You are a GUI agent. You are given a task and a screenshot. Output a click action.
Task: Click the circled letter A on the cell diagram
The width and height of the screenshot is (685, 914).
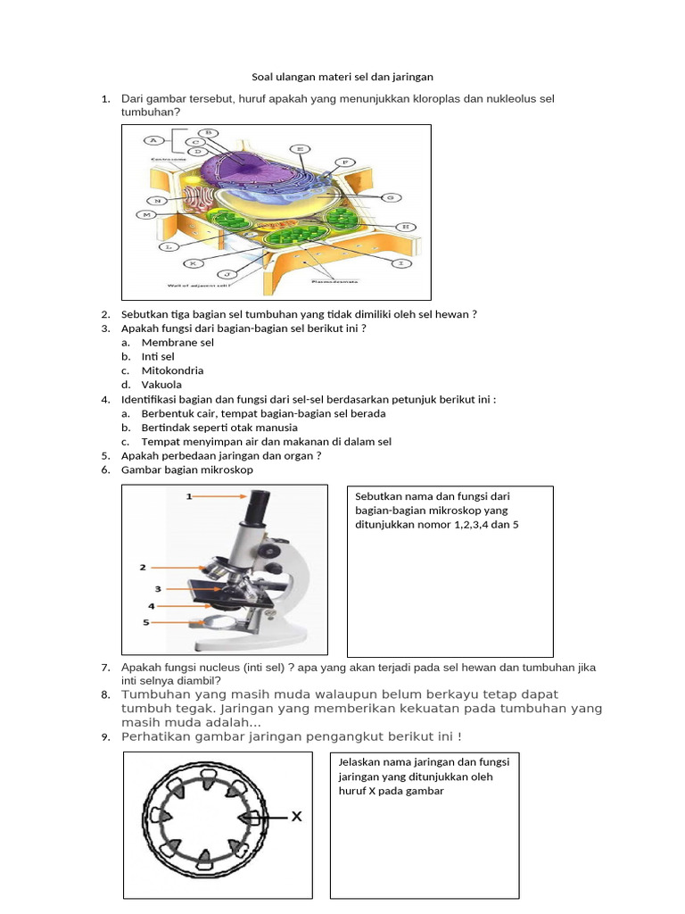pyautogui.click(x=153, y=140)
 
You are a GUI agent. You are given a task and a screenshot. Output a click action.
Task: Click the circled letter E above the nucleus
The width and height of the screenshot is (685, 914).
pyautogui.click(x=301, y=148)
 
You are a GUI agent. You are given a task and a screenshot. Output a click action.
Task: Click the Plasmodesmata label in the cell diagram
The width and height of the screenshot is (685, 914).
pyautogui.click(x=336, y=281)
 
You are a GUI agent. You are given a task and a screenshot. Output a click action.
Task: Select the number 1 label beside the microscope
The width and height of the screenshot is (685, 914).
pyautogui.click(x=189, y=496)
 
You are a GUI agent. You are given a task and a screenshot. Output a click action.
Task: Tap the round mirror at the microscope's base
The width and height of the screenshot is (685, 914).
pyautogui.click(x=219, y=621)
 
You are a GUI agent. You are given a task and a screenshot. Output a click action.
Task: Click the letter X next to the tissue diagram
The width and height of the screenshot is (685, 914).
pyautogui.click(x=297, y=816)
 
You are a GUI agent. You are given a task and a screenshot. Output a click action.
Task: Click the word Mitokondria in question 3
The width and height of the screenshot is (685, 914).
pyautogui.click(x=172, y=370)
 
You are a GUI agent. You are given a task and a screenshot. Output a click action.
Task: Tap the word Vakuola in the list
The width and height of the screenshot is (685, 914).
pyautogui.click(x=161, y=385)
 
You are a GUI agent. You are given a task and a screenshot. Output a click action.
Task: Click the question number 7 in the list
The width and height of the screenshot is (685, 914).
pyautogui.click(x=105, y=668)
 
